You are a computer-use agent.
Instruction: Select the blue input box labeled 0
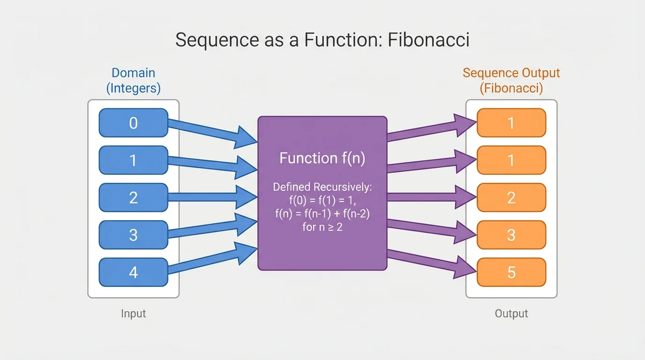[x=134, y=123]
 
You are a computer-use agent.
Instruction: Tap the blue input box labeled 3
[x=134, y=235]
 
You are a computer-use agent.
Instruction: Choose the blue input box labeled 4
[x=134, y=272]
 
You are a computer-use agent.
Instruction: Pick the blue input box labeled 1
[x=134, y=160]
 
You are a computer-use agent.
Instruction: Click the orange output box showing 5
[x=511, y=272]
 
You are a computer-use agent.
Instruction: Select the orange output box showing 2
[x=511, y=197]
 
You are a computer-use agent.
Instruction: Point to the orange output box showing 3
[x=511, y=235]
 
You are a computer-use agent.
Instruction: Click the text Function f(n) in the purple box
[x=322, y=158]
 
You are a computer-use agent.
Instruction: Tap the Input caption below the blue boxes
[x=134, y=313]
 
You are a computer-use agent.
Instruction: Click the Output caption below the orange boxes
[x=511, y=313]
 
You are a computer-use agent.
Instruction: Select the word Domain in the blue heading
[x=134, y=73]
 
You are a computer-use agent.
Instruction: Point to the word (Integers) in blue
[x=134, y=88]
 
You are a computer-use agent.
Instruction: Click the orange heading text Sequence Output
[x=511, y=73]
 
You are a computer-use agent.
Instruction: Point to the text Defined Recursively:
[x=322, y=187]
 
